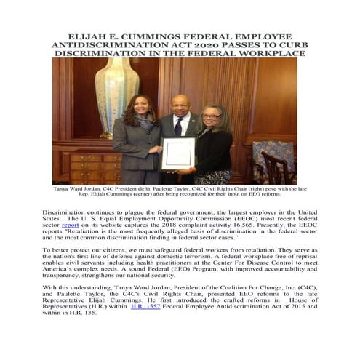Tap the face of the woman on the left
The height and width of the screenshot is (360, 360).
140,110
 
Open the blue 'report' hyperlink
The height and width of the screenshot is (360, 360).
70,225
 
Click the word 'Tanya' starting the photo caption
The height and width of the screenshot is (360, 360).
63,187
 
